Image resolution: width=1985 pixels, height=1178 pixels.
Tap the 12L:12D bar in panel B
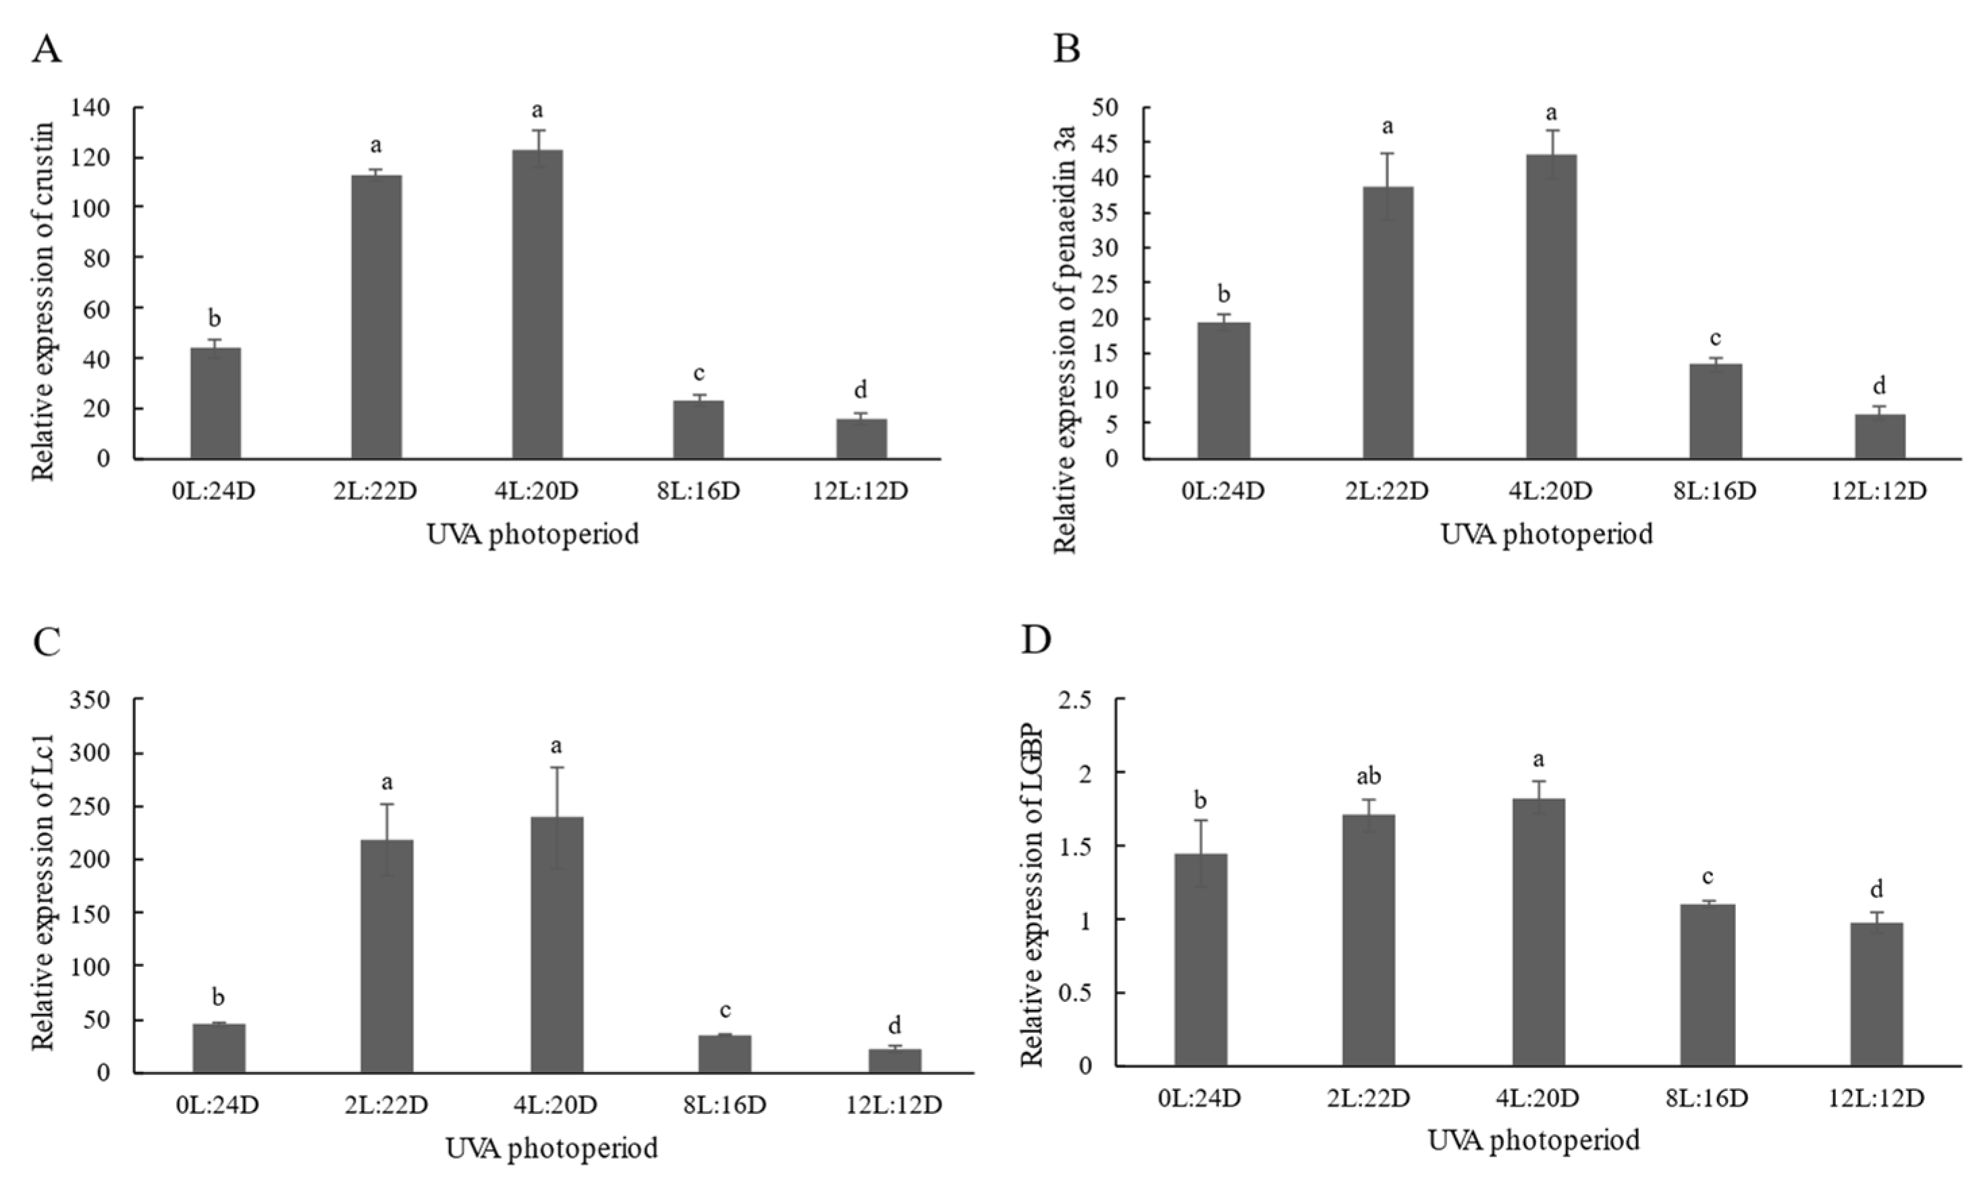point(1880,437)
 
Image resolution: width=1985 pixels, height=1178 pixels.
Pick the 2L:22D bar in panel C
point(387,957)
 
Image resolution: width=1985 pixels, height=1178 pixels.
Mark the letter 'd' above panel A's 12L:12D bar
point(860,390)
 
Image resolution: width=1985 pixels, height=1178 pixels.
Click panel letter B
point(1066,50)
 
